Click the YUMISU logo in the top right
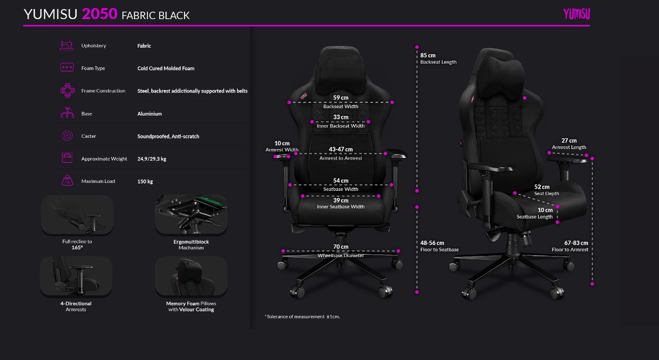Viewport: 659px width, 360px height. click(576, 14)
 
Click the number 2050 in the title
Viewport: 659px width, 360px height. click(100, 14)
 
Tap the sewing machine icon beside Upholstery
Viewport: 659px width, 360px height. click(67, 45)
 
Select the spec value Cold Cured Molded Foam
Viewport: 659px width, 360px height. click(166, 69)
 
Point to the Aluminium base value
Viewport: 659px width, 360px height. click(150, 114)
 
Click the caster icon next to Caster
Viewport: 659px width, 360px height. click(67, 136)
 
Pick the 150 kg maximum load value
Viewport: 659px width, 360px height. click(145, 181)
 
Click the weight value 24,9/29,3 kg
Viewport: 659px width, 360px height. click(152, 159)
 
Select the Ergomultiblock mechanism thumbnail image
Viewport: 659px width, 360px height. click(191, 214)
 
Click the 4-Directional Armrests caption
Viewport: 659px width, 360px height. click(76, 306)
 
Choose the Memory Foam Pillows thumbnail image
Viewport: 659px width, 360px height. click(191, 276)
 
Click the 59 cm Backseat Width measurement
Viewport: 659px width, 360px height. click(341, 98)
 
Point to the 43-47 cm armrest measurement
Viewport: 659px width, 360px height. click(341, 150)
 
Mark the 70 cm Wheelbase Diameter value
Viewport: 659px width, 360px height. click(341, 247)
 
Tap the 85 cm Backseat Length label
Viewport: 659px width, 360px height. click(428, 55)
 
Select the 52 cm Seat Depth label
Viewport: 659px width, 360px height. click(542, 187)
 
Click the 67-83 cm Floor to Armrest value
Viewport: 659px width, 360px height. click(576, 243)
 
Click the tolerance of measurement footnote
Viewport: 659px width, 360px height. click(302, 317)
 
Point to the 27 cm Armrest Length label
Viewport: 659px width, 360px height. click(569, 141)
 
